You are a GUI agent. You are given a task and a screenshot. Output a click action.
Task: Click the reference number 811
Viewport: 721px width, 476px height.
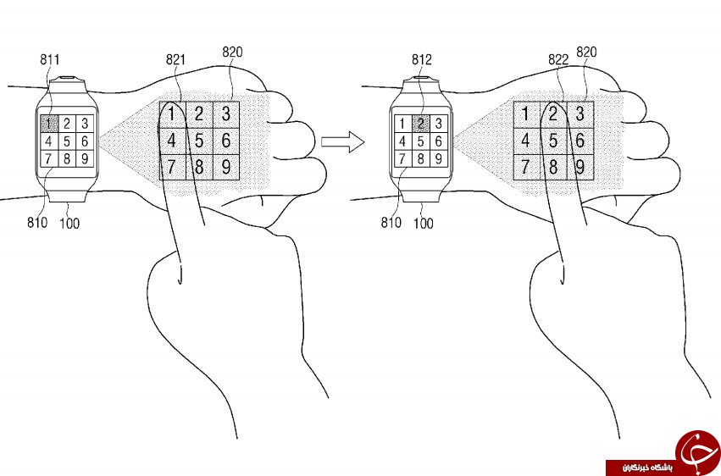tap(50, 60)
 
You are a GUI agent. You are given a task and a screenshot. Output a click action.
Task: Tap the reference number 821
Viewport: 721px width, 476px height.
tap(175, 60)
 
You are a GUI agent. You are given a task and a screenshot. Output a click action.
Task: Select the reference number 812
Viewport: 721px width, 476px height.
tap(422, 60)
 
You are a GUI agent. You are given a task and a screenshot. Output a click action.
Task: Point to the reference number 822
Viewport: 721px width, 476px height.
tap(558, 60)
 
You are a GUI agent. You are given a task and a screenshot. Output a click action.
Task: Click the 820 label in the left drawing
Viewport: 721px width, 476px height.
tap(232, 52)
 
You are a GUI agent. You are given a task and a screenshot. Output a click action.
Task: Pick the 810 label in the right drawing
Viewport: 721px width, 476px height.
tap(391, 223)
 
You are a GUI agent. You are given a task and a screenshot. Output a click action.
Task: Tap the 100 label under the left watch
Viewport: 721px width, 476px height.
tap(69, 224)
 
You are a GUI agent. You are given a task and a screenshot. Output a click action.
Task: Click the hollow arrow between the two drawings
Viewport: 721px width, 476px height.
tap(342, 141)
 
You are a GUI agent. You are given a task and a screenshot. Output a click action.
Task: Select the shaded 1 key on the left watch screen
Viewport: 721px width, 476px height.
tap(49, 124)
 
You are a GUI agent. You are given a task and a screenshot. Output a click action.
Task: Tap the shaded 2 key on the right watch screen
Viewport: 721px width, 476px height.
tap(421, 124)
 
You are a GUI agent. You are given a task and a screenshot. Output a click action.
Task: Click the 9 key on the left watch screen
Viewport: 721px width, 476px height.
tap(85, 158)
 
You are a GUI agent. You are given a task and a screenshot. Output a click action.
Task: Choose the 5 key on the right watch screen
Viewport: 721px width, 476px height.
tap(421, 141)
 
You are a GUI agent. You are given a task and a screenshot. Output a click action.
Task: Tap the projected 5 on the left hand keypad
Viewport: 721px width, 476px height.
tap(199, 141)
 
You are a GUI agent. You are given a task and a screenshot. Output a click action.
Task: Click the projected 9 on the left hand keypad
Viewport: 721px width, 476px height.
tap(225, 167)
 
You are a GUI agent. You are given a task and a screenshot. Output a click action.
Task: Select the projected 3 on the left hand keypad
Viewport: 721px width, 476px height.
tap(225, 114)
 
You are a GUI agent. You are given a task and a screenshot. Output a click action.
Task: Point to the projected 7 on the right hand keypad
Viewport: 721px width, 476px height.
tap(526, 167)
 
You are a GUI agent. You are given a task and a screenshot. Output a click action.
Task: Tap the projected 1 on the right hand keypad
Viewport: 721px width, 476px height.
tap(526, 114)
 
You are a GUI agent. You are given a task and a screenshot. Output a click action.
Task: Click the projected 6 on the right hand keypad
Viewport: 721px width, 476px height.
tap(580, 141)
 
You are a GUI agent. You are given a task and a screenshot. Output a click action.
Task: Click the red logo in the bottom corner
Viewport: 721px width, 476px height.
tap(698, 451)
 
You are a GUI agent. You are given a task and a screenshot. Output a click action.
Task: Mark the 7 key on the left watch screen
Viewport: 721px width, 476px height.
tap(49, 158)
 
